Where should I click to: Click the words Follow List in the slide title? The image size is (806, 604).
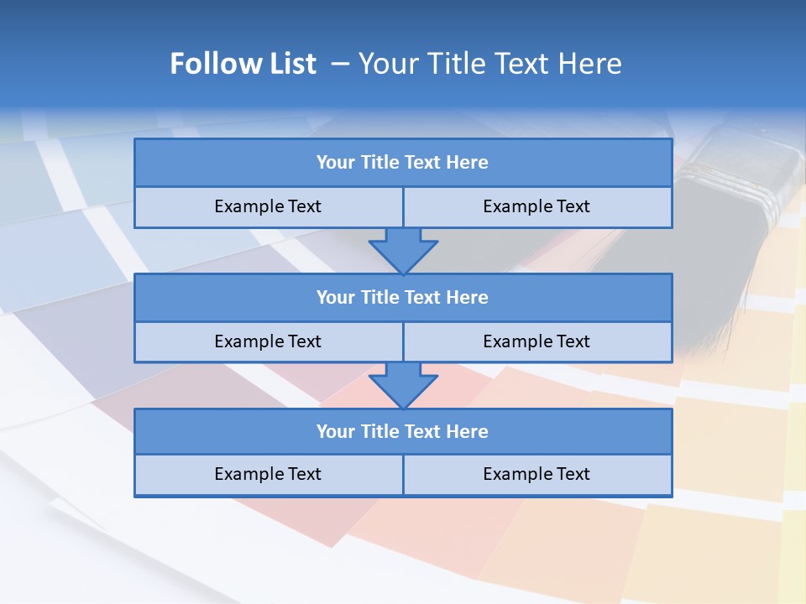pos(243,64)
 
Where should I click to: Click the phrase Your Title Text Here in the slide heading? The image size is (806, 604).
pos(489,64)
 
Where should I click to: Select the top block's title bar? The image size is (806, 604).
pos(403,163)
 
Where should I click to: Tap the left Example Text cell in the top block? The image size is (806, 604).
pos(268,206)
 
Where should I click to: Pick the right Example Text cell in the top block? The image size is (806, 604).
pos(537,206)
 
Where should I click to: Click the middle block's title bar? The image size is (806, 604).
pos(403,297)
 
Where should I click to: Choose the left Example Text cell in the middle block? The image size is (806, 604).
pos(268,341)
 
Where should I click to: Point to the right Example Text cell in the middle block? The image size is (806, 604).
pos(537,341)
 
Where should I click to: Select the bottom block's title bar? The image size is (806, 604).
pos(403,431)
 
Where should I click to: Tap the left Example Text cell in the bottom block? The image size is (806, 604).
pos(268,474)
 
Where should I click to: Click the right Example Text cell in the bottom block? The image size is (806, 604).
pos(537,474)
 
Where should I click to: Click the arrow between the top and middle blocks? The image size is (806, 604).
pos(403,250)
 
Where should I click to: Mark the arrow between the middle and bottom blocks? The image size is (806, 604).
pos(403,385)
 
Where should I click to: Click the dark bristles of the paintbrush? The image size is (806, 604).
pos(663,277)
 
